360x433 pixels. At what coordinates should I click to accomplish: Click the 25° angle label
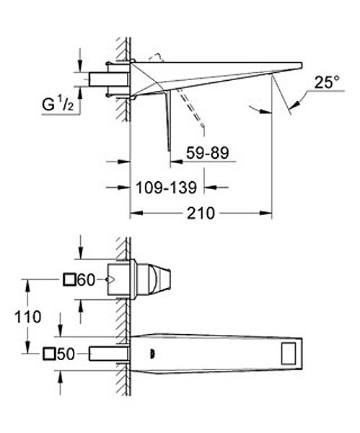327,82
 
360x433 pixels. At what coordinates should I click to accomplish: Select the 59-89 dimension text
208,153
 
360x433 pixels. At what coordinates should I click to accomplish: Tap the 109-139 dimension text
167,188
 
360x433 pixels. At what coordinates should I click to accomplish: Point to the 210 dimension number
201,213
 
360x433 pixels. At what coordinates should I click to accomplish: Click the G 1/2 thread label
58,105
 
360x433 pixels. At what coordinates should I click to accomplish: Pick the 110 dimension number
27,317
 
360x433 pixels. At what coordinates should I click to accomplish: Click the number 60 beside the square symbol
86,280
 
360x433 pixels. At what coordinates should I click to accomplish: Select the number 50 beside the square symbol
66,354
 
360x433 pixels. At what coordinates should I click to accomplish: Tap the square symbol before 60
69,279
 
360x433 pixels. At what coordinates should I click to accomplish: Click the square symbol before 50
49,354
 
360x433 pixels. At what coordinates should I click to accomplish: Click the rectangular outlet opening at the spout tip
289,354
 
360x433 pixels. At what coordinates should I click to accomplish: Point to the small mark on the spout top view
152,354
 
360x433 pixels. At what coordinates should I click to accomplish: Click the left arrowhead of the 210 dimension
136,213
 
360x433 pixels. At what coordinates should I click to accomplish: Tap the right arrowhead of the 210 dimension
265,213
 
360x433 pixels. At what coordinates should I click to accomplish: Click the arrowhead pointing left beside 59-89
177,161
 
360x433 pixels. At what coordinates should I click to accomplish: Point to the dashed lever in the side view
190,108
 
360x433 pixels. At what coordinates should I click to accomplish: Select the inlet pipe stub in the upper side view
108,79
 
